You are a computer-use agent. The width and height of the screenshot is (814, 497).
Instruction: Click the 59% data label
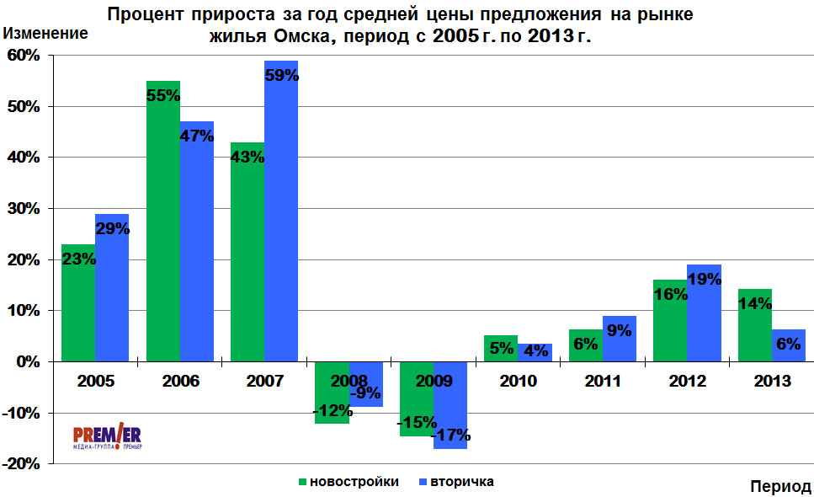282,75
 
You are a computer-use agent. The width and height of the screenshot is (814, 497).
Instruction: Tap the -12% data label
332,410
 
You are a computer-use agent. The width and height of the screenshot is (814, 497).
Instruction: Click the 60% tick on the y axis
23,56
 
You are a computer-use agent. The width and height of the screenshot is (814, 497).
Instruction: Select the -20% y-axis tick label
20,463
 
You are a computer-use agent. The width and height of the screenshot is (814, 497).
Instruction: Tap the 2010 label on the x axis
518,382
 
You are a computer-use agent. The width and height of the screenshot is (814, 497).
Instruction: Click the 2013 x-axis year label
772,382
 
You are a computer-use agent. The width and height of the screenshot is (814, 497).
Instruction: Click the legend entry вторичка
461,482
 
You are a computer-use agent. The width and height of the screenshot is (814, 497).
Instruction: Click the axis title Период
779,487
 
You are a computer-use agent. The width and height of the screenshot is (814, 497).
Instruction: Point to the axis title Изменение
46,35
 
